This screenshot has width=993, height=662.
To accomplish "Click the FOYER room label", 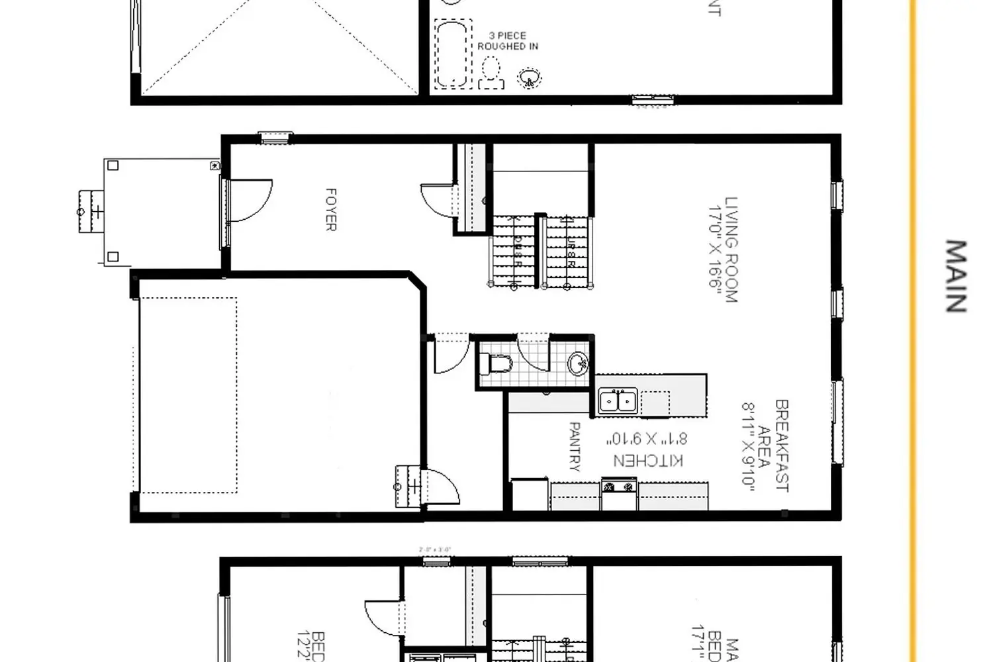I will (331, 210).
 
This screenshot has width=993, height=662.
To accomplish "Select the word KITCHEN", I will (648, 460).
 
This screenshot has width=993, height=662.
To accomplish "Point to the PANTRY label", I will (574, 447).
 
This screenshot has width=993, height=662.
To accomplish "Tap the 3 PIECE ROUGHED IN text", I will (508, 40).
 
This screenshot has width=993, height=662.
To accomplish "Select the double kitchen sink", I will (618, 401).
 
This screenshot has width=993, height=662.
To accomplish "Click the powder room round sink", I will (578, 363).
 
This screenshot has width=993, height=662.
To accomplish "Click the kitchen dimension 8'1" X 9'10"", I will (647, 438).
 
